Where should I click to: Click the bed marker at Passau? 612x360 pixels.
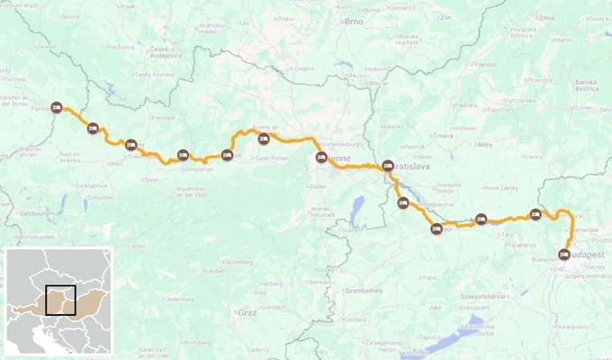57,107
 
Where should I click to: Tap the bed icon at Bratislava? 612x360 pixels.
388,166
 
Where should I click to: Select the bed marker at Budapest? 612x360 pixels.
565,254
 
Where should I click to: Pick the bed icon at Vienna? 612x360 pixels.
321,158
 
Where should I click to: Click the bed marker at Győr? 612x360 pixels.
436,228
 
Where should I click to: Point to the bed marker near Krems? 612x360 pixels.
264,139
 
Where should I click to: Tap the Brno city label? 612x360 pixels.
350,22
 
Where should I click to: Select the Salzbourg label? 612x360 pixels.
35,213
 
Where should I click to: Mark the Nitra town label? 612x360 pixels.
485,144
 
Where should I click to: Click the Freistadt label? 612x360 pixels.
164,117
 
